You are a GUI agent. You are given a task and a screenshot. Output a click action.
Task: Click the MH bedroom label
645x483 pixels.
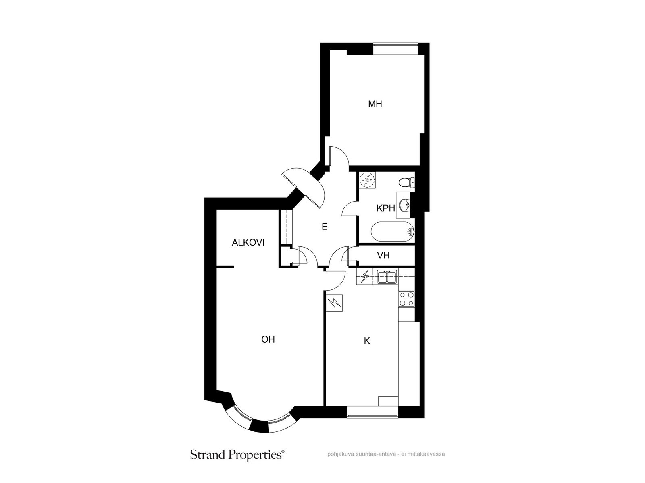[375, 104]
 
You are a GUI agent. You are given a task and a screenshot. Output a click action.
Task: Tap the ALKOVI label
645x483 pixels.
[248, 243]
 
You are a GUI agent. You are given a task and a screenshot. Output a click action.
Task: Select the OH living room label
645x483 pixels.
[268, 339]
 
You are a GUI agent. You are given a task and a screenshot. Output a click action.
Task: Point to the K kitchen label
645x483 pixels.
[367, 341]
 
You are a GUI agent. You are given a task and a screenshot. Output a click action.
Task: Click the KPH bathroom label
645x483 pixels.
[385, 208]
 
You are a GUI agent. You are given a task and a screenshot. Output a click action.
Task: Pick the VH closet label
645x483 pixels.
[383, 256]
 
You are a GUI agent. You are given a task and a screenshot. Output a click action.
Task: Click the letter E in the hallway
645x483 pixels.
[325, 226]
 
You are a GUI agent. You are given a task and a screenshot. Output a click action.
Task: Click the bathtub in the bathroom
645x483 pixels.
[393, 231]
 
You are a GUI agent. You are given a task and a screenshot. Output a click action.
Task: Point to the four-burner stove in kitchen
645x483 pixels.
[406, 299]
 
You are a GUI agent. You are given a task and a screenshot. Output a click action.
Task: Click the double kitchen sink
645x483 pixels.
[387, 277]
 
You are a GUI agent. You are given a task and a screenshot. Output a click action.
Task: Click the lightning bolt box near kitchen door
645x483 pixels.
[335, 303]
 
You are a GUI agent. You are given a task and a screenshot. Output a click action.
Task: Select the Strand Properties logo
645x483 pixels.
[237, 455]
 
